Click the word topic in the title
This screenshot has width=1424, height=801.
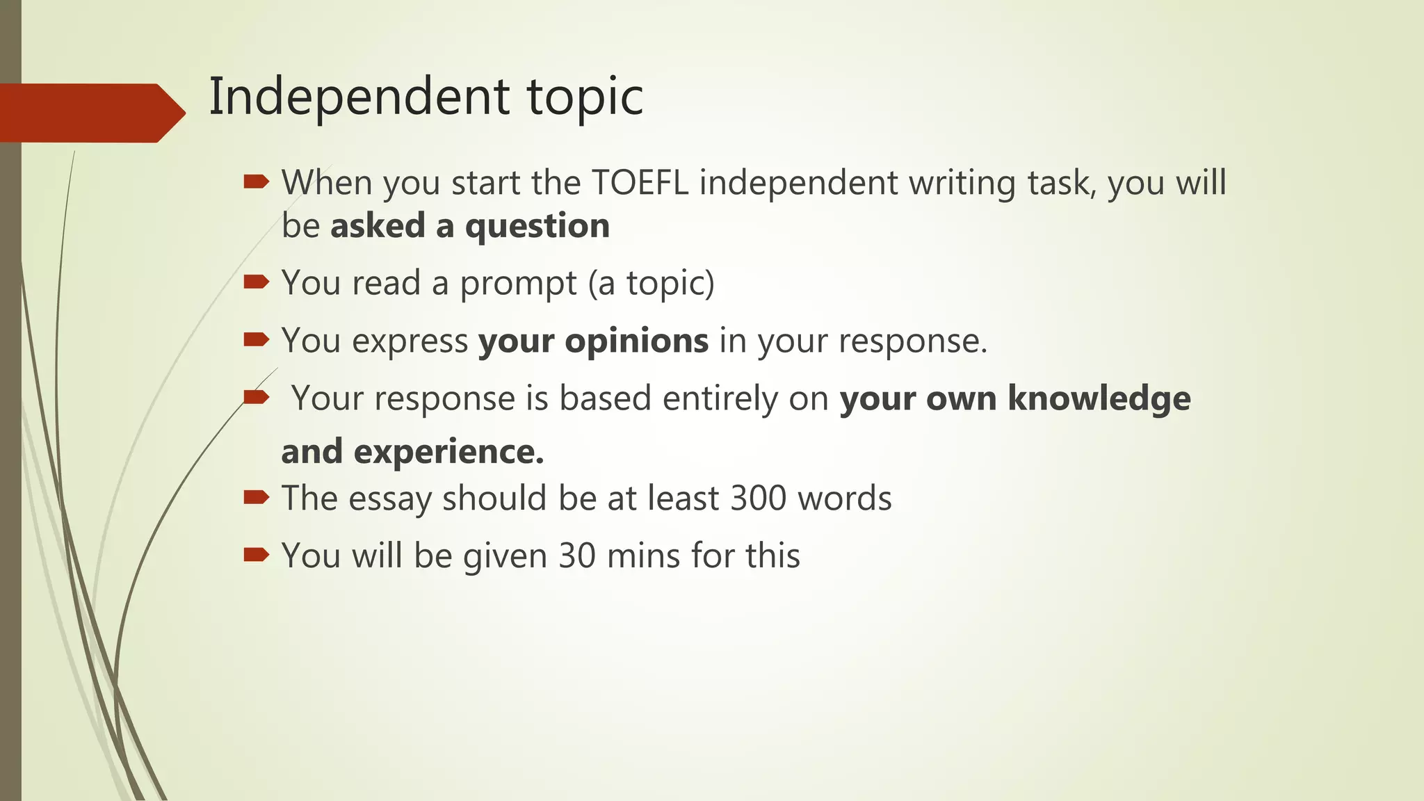click(x=585, y=97)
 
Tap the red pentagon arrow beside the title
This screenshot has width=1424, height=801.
click(x=90, y=113)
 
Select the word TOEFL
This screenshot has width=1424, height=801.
click(x=640, y=183)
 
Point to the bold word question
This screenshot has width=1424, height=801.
click(x=537, y=227)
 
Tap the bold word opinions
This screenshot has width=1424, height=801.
click(x=636, y=341)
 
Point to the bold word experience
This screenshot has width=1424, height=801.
click(x=448, y=452)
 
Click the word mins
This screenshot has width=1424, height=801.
click(x=643, y=556)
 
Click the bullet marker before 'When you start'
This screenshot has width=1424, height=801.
click(x=256, y=182)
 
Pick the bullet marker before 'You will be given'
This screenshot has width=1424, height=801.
click(x=256, y=555)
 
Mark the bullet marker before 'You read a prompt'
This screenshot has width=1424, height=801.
click(x=256, y=282)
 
